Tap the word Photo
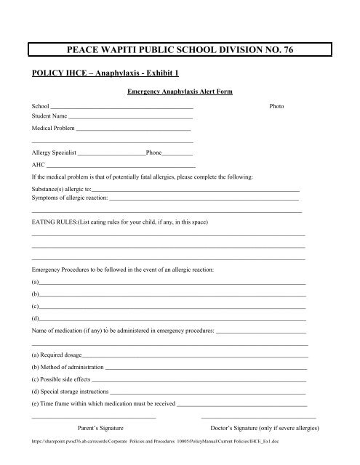276,106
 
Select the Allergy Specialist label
54,154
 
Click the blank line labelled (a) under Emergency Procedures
172,282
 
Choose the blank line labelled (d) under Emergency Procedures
172,320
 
